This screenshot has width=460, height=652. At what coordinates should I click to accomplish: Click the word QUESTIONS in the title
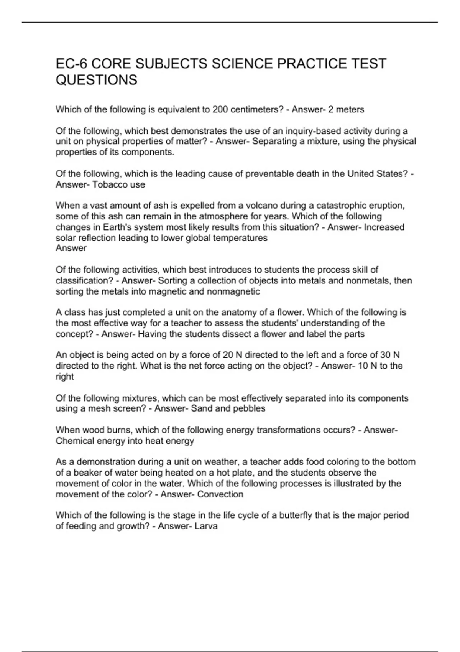(x=96, y=80)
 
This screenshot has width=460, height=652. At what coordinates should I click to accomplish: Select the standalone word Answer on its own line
(x=71, y=248)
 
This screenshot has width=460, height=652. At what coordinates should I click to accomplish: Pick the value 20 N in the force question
(x=233, y=355)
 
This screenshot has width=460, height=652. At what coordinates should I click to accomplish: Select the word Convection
(x=220, y=494)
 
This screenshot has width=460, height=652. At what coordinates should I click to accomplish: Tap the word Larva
(x=206, y=526)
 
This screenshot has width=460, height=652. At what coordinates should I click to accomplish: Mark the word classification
(x=82, y=281)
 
